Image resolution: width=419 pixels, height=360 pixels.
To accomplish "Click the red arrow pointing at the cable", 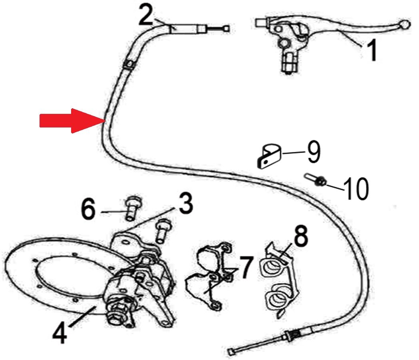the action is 73,121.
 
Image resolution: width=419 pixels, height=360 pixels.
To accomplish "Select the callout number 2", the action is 146,16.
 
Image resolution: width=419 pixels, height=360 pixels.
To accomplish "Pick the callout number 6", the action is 88,209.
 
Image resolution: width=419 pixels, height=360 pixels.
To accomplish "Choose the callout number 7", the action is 246,267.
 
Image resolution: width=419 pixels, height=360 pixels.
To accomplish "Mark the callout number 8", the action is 301,235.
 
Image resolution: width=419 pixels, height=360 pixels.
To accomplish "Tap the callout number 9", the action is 314,152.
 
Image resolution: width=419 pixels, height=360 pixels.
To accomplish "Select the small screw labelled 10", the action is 315,179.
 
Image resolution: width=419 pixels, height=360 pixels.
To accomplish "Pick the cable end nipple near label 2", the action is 226,28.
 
